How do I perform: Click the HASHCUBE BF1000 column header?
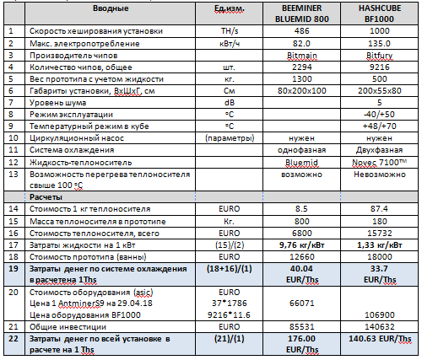click(380, 13)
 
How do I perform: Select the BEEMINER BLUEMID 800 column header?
click(302, 13)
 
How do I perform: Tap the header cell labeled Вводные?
click(111, 8)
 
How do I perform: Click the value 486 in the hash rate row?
click(302, 31)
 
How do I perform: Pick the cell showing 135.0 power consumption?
click(380, 44)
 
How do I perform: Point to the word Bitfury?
click(380, 56)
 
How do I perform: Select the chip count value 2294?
click(302, 67)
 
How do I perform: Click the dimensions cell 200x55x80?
click(380, 91)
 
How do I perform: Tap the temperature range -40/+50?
click(380, 115)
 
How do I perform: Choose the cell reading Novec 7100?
click(380, 163)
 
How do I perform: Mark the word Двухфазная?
click(380, 150)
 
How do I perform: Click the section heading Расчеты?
click(46, 197)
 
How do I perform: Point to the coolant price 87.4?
click(380, 209)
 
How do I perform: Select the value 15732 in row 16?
click(380, 234)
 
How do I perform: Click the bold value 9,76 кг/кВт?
click(302, 245)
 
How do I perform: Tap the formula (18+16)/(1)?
click(230, 269)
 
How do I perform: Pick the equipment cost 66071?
click(302, 304)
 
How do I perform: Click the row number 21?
click(14, 327)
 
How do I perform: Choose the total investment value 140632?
click(380, 327)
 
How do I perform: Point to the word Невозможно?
click(380, 175)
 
